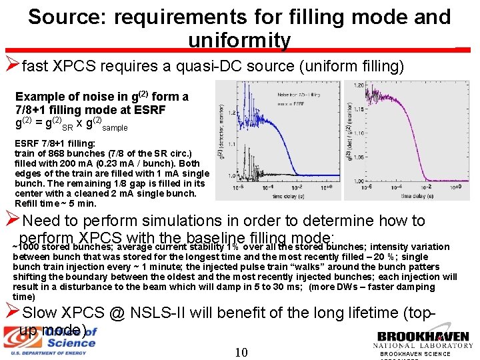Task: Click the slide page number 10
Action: pyautogui.click(x=242, y=351)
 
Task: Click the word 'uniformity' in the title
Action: pyautogui.click(x=239, y=41)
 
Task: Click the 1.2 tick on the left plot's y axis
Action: pyautogui.click(x=221, y=105)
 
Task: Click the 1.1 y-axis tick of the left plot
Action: pyautogui.click(x=221, y=141)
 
